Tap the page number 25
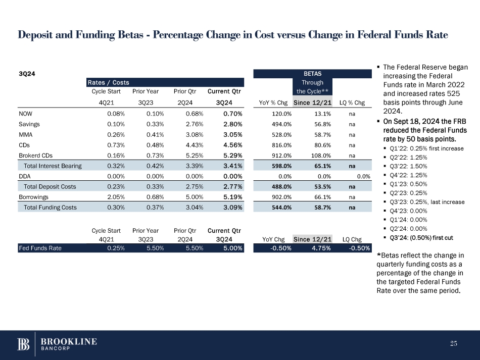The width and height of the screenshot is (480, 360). (453, 344)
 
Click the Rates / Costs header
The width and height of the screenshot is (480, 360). (108, 82)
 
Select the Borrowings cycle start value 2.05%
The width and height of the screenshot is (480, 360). (116, 197)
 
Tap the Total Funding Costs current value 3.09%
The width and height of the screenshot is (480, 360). (232, 207)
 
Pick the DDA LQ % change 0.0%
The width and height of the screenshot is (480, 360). (363, 176)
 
